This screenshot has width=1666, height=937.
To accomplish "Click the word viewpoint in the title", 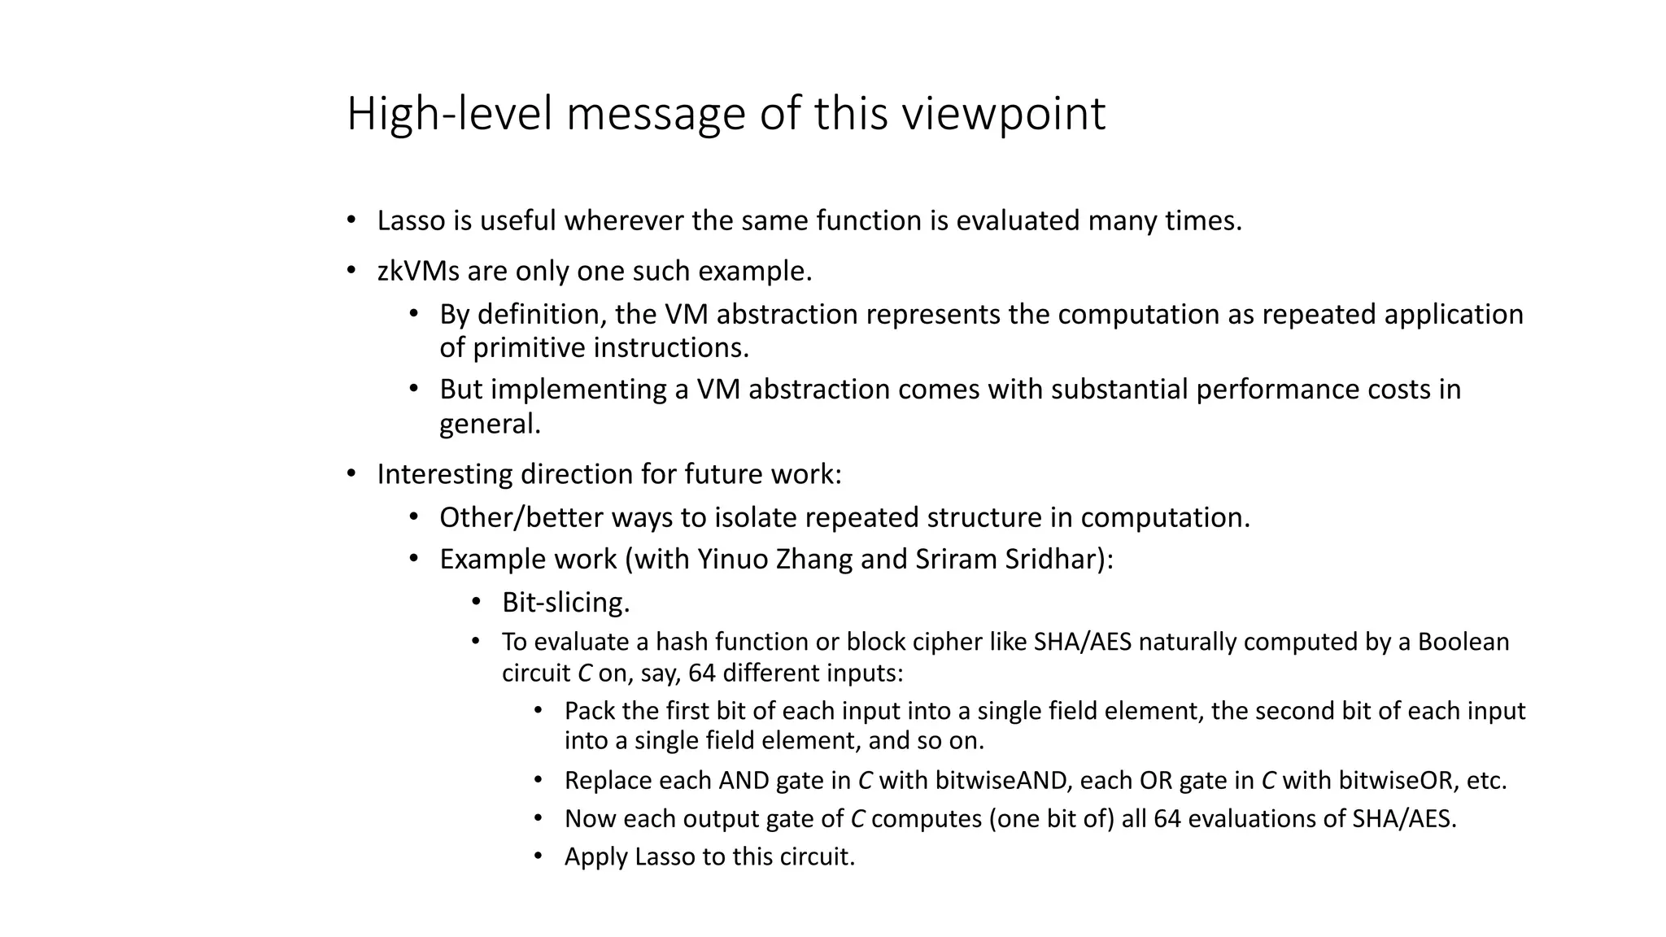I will pyautogui.click(x=1003, y=115).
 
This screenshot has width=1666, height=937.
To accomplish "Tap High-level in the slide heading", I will pyautogui.click(x=450, y=115).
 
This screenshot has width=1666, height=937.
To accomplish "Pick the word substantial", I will pyautogui.click(x=1119, y=389).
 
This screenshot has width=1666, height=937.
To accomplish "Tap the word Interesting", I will pyautogui.click(x=444, y=474).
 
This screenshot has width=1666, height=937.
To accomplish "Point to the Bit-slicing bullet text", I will pyautogui.click(x=566, y=603).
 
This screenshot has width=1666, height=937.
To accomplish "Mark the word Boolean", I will pyautogui.click(x=1463, y=642).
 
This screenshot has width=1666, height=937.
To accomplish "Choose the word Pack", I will pyautogui.click(x=589, y=711).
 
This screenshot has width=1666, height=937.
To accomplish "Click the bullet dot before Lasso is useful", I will pyautogui.click(x=351, y=220).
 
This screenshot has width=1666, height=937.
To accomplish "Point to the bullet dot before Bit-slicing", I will pyautogui.click(x=477, y=602).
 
